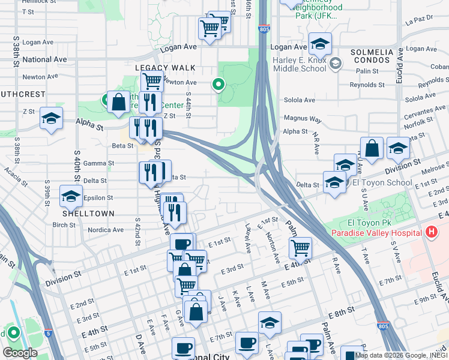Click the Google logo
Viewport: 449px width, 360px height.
click(x=20, y=352)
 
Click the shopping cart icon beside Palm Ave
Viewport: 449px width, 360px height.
click(x=300, y=247)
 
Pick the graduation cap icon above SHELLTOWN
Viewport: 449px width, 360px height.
click(x=71, y=196)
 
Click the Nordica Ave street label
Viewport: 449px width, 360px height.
click(x=106, y=230)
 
